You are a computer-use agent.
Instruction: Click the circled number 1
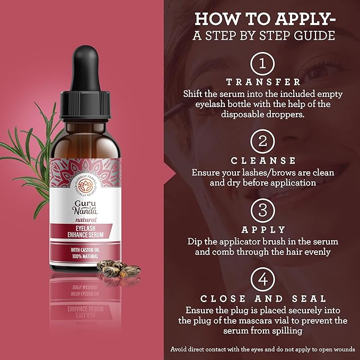(x=264, y=65)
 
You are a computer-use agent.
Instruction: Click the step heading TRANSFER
(x=264, y=83)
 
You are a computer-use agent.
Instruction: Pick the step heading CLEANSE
(x=264, y=161)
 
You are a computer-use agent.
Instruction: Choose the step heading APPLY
(x=264, y=230)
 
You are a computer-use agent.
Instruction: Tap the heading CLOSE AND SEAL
(x=264, y=299)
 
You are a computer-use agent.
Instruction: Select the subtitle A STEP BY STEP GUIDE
(x=264, y=36)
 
